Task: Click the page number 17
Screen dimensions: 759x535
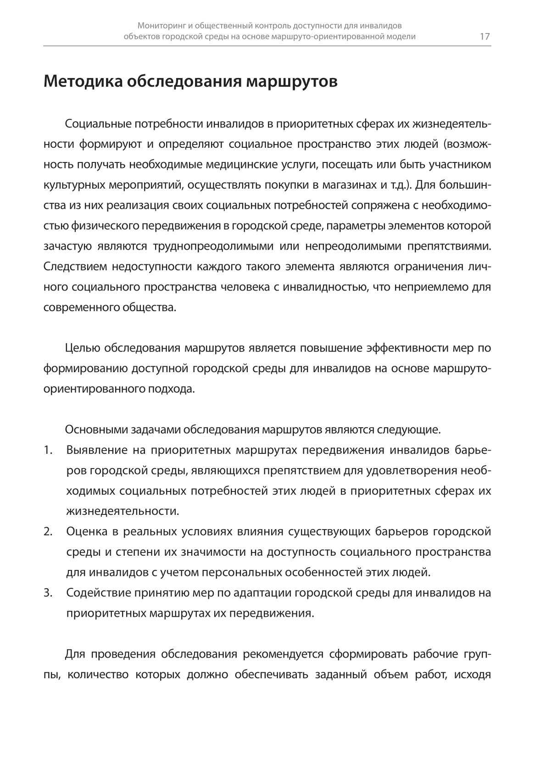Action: (x=485, y=37)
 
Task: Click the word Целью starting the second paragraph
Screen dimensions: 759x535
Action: (x=82, y=348)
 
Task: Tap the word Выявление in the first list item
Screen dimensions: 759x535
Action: (x=97, y=450)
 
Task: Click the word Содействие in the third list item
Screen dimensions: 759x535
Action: (x=97, y=593)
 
